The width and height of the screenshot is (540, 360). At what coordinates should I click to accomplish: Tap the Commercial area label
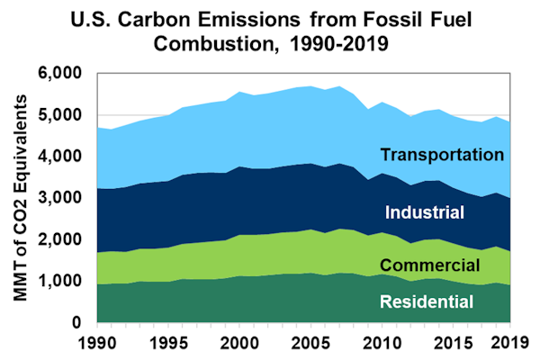pos(430,265)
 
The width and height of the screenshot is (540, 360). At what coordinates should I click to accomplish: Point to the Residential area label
pos(428,302)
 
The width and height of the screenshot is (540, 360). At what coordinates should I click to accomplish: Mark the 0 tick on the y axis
pos(84,322)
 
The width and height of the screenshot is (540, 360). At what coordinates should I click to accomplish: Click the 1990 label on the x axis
pos(97,342)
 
